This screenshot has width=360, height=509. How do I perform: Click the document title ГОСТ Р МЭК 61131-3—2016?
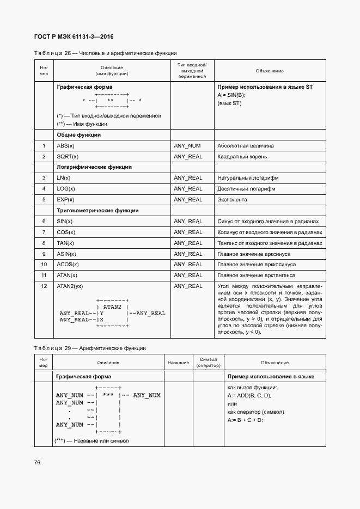[74, 37]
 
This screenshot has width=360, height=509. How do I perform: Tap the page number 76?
[37, 462]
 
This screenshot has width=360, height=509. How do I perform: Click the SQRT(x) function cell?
[68, 157]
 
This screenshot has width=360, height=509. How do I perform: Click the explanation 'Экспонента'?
[232, 200]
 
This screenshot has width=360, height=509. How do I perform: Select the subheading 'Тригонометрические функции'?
[97, 211]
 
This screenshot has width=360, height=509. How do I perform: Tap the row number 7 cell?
[44, 232]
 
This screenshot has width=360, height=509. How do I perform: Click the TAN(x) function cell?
[65, 243]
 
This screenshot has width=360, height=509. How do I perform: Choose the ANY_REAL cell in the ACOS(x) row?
[188, 265]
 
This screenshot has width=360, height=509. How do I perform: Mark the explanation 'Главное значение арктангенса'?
[256, 275]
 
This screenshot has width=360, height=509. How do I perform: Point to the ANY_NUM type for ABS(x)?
[187, 146]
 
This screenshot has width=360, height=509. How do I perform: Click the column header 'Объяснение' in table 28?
[269, 71]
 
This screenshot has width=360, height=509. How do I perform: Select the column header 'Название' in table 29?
[178, 363]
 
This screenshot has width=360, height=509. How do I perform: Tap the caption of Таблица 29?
[89, 348]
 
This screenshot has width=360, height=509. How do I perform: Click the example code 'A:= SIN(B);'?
[231, 95]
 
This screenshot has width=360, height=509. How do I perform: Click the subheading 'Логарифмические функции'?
[94, 167]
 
